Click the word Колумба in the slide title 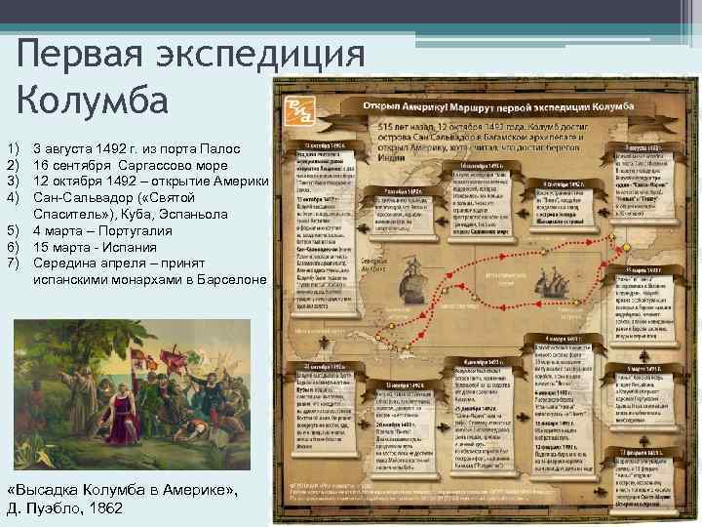93,100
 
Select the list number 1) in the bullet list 13,148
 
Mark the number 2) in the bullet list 13,165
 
